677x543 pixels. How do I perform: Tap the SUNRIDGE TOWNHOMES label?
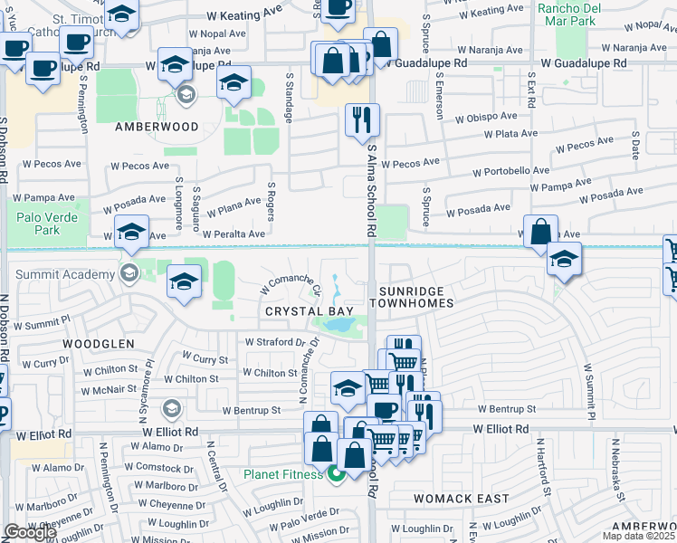415,296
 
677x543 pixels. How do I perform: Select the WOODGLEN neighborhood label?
99,344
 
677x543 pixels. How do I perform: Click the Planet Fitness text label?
282,473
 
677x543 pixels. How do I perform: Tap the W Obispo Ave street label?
486,118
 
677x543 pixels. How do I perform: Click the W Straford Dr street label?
276,342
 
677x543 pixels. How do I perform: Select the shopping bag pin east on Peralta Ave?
540,231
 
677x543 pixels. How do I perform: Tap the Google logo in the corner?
30,532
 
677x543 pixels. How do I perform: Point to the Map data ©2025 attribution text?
639,536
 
